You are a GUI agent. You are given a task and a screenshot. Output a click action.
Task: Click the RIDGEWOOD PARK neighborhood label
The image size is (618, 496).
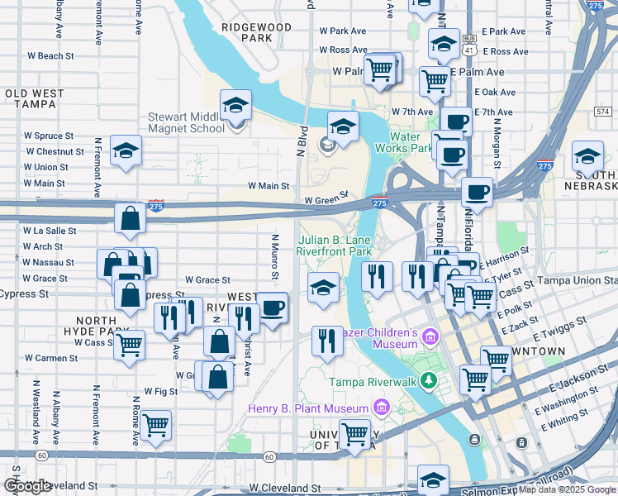coord(256,32)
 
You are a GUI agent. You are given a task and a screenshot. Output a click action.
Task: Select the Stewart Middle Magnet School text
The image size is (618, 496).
coord(186,122)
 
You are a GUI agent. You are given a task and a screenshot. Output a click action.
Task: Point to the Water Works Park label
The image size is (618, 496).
coord(411,142)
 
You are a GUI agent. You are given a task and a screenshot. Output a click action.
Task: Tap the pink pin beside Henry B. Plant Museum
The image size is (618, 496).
coord(380,407)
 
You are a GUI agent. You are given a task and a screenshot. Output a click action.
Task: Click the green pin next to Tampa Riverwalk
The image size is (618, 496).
coord(428,380)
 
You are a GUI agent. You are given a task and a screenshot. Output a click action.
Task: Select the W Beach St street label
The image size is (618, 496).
coord(50,56)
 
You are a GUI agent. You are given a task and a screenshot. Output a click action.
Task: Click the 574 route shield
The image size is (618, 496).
coord(601,110)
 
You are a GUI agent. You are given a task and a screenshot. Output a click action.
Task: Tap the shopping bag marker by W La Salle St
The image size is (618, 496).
coord(131,219)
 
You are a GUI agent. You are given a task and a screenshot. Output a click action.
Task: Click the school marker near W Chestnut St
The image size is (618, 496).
coord(126,150)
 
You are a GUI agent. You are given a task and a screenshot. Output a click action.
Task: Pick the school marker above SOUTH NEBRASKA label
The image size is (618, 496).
coord(587,156)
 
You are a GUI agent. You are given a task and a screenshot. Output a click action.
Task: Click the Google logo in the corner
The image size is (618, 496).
coord(27,486)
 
